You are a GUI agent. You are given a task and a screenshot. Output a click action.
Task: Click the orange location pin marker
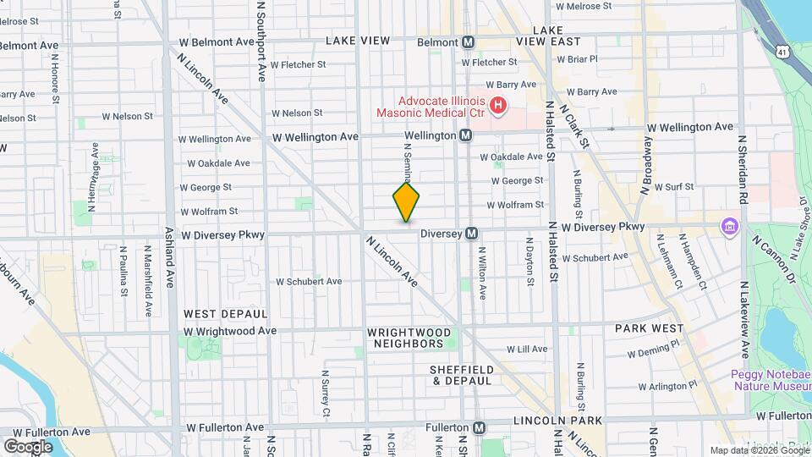406,201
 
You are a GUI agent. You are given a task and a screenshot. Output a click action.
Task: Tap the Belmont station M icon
469,41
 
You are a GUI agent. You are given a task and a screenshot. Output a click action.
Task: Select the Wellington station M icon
465,135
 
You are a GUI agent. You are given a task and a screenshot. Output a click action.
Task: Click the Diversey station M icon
472,233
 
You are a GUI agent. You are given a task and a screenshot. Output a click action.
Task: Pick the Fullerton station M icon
480,428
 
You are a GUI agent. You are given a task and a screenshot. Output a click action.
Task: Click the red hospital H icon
499,106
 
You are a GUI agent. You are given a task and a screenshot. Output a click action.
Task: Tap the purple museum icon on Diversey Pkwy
727,227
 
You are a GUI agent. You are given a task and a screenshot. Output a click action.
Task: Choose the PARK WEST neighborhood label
649,328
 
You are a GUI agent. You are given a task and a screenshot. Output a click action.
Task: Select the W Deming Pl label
653,350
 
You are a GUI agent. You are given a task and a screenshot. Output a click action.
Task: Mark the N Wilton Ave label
483,273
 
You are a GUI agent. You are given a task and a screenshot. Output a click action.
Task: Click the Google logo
28,446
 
